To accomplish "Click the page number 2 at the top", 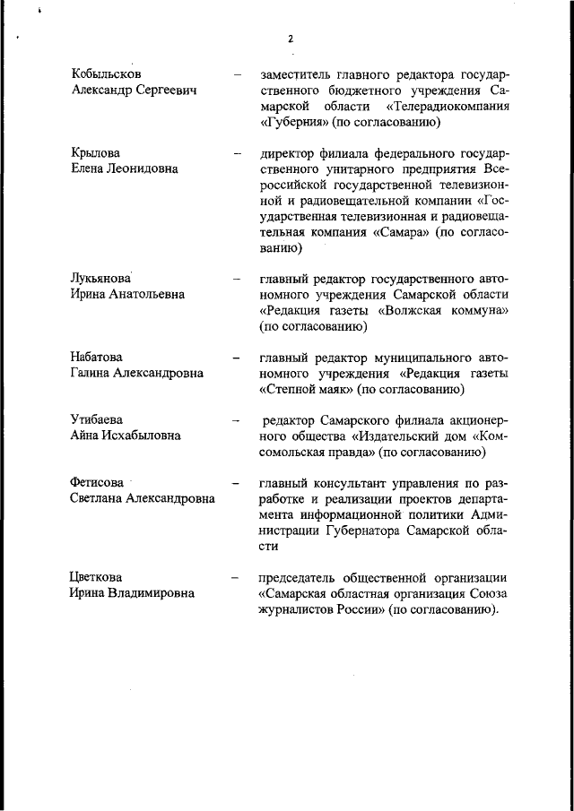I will point(291,39).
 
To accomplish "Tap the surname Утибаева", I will point(98,419).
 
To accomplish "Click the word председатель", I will point(303,577).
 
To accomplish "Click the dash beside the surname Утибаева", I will point(236,419).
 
